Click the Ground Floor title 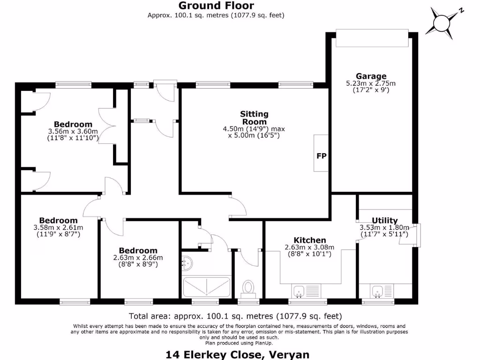pyautogui.click(x=216, y=6)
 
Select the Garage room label pyautogui.click(x=371, y=76)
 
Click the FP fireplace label pyautogui.click(x=322, y=156)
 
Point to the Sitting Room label pyautogui.click(x=254, y=118)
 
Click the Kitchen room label pyautogui.click(x=309, y=240)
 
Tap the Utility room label pyautogui.click(x=384, y=220)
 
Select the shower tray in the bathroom pyautogui.click(x=206, y=287)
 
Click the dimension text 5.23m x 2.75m pyautogui.click(x=371, y=83)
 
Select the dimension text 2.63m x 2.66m pyautogui.click(x=138, y=257)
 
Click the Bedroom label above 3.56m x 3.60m pyautogui.click(x=73, y=124)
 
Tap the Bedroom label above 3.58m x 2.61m pyautogui.click(x=58, y=220)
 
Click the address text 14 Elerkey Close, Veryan pyautogui.click(x=237, y=354)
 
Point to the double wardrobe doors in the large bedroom pyautogui.click(x=107, y=126)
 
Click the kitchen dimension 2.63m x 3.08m pyautogui.click(x=309, y=247)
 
